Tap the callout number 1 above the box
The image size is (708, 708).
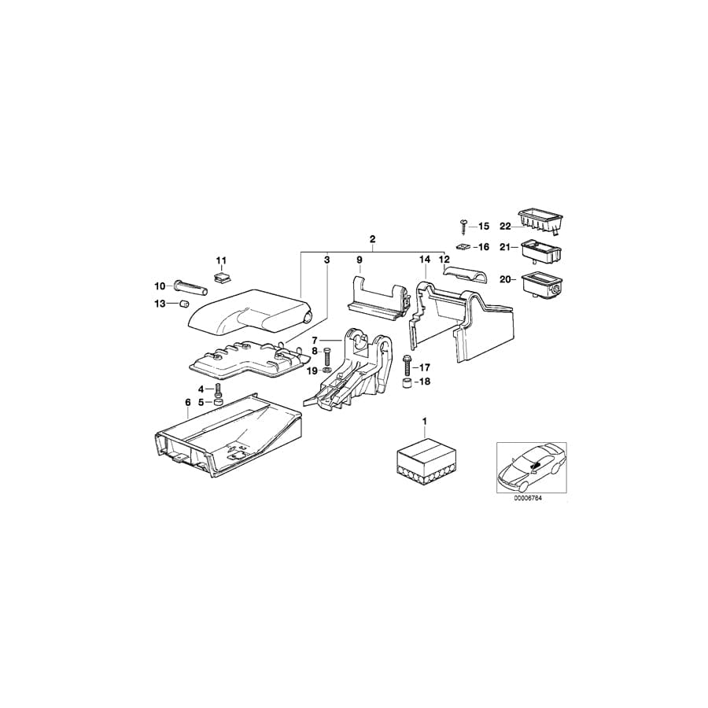coord(425,422)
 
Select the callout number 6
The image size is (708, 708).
coord(187,403)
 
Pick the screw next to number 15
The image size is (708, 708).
coord(463,226)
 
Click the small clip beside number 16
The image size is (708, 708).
coord(465,246)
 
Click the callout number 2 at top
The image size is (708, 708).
coord(372,238)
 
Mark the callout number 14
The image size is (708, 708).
coord(425,259)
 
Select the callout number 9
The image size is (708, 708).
coord(359,259)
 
